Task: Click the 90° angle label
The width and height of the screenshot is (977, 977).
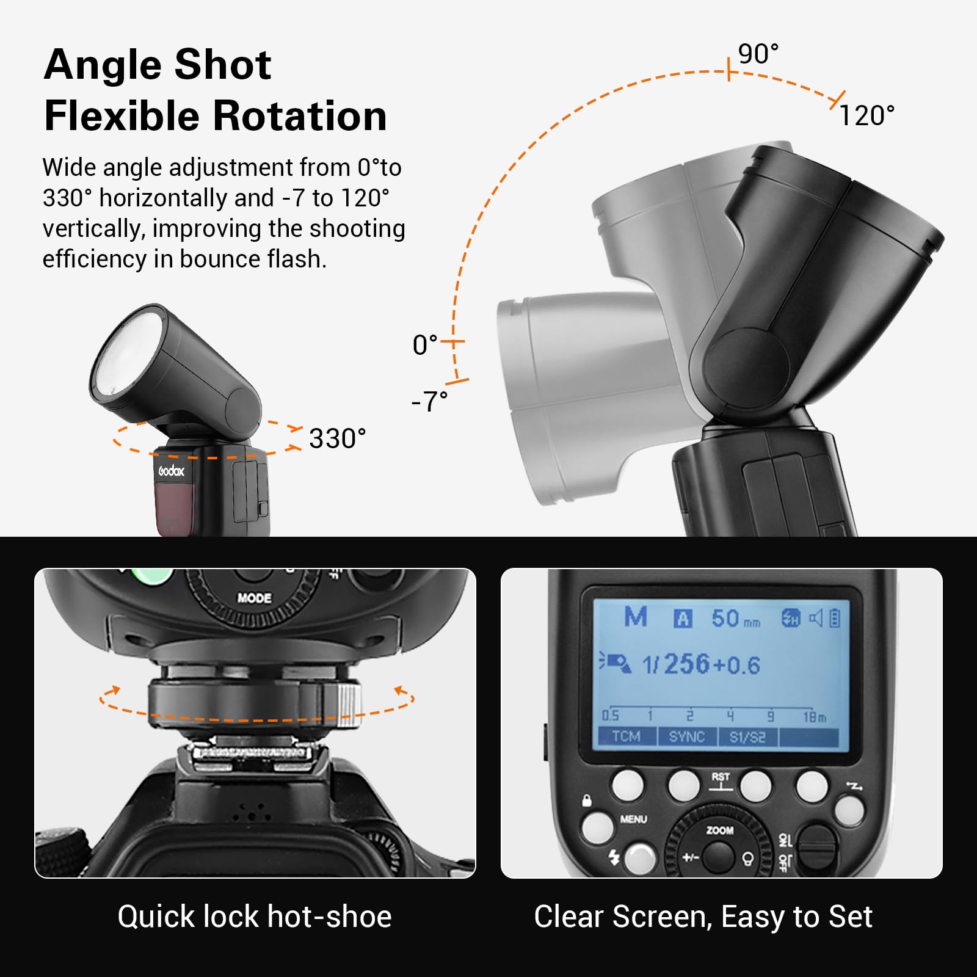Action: tap(758, 54)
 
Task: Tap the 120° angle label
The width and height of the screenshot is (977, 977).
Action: tap(867, 115)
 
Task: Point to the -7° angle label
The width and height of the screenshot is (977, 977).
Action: tap(429, 401)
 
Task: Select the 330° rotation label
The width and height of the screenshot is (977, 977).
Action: tap(337, 438)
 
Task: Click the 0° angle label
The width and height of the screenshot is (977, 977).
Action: tap(425, 345)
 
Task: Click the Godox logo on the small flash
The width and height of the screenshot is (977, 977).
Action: tap(171, 471)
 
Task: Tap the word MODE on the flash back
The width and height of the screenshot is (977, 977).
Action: tap(254, 598)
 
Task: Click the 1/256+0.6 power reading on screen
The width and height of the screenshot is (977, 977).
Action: tap(701, 664)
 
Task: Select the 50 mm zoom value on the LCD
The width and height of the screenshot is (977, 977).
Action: tap(735, 619)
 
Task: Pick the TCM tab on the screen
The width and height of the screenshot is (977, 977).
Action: tap(626, 736)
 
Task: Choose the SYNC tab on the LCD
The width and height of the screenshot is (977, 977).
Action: tap(686, 736)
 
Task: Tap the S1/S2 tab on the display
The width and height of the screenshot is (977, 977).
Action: tap(747, 737)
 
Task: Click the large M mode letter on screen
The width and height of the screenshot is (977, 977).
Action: tap(636, 617)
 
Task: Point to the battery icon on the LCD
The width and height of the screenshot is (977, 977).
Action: tap(835, 619)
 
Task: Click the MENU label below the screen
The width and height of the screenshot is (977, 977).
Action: tap(633, 819)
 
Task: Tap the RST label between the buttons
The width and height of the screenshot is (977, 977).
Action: tap(721, 777)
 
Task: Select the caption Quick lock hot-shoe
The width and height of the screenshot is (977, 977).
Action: tap(255, 917)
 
